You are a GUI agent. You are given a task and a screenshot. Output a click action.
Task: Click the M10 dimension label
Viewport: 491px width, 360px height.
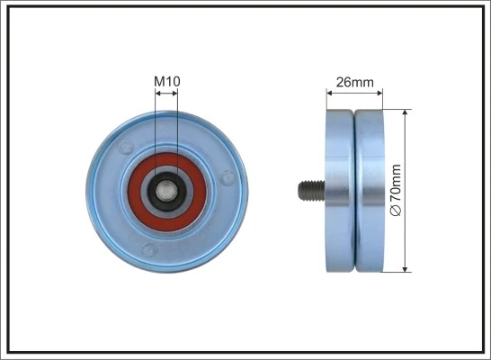coord(166,82)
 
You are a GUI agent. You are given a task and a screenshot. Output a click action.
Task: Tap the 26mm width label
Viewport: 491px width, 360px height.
coord(354,82)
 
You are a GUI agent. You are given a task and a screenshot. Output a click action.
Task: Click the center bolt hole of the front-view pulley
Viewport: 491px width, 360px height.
coord(167,190)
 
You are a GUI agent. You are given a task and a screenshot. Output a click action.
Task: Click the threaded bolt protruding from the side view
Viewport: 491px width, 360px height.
coord(309,190)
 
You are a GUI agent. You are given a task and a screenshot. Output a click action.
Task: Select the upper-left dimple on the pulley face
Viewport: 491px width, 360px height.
coord(127,145)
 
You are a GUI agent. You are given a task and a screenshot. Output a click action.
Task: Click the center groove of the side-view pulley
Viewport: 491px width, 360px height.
coord(354,190)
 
